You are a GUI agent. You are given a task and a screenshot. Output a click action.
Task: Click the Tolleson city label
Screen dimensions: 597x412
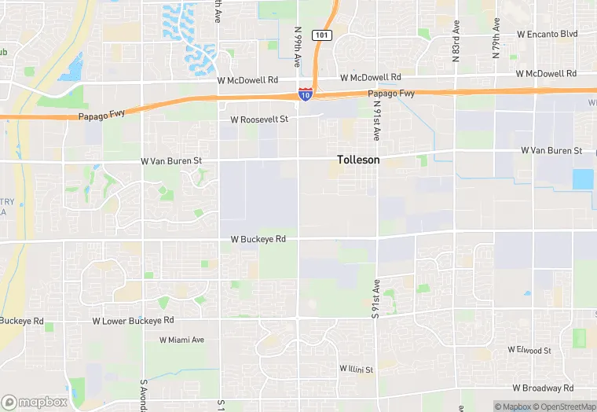[358, 160]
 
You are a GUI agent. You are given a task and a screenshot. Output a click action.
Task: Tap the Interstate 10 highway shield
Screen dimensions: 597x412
[305, 94]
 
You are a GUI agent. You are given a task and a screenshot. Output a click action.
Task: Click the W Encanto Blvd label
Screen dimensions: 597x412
[547, 35]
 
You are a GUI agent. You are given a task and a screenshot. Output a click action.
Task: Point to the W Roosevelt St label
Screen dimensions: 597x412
[259, 120]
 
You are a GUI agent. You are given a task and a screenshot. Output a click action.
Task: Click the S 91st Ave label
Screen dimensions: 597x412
[376, 298]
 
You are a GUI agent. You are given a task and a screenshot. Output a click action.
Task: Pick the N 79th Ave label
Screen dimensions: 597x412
[496, 38]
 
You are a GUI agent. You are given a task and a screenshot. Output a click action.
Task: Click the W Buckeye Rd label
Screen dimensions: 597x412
[258, 239]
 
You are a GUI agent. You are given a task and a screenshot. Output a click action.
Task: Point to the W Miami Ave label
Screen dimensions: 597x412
[181, 340]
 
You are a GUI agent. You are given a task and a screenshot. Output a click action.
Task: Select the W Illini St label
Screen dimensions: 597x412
[356, 369]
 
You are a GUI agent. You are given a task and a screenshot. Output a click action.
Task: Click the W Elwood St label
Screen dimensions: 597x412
[529, 349]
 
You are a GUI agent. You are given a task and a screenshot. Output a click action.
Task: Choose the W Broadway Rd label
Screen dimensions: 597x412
[543, 388]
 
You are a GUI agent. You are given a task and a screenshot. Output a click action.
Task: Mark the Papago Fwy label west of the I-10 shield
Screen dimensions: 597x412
[101, 114]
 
